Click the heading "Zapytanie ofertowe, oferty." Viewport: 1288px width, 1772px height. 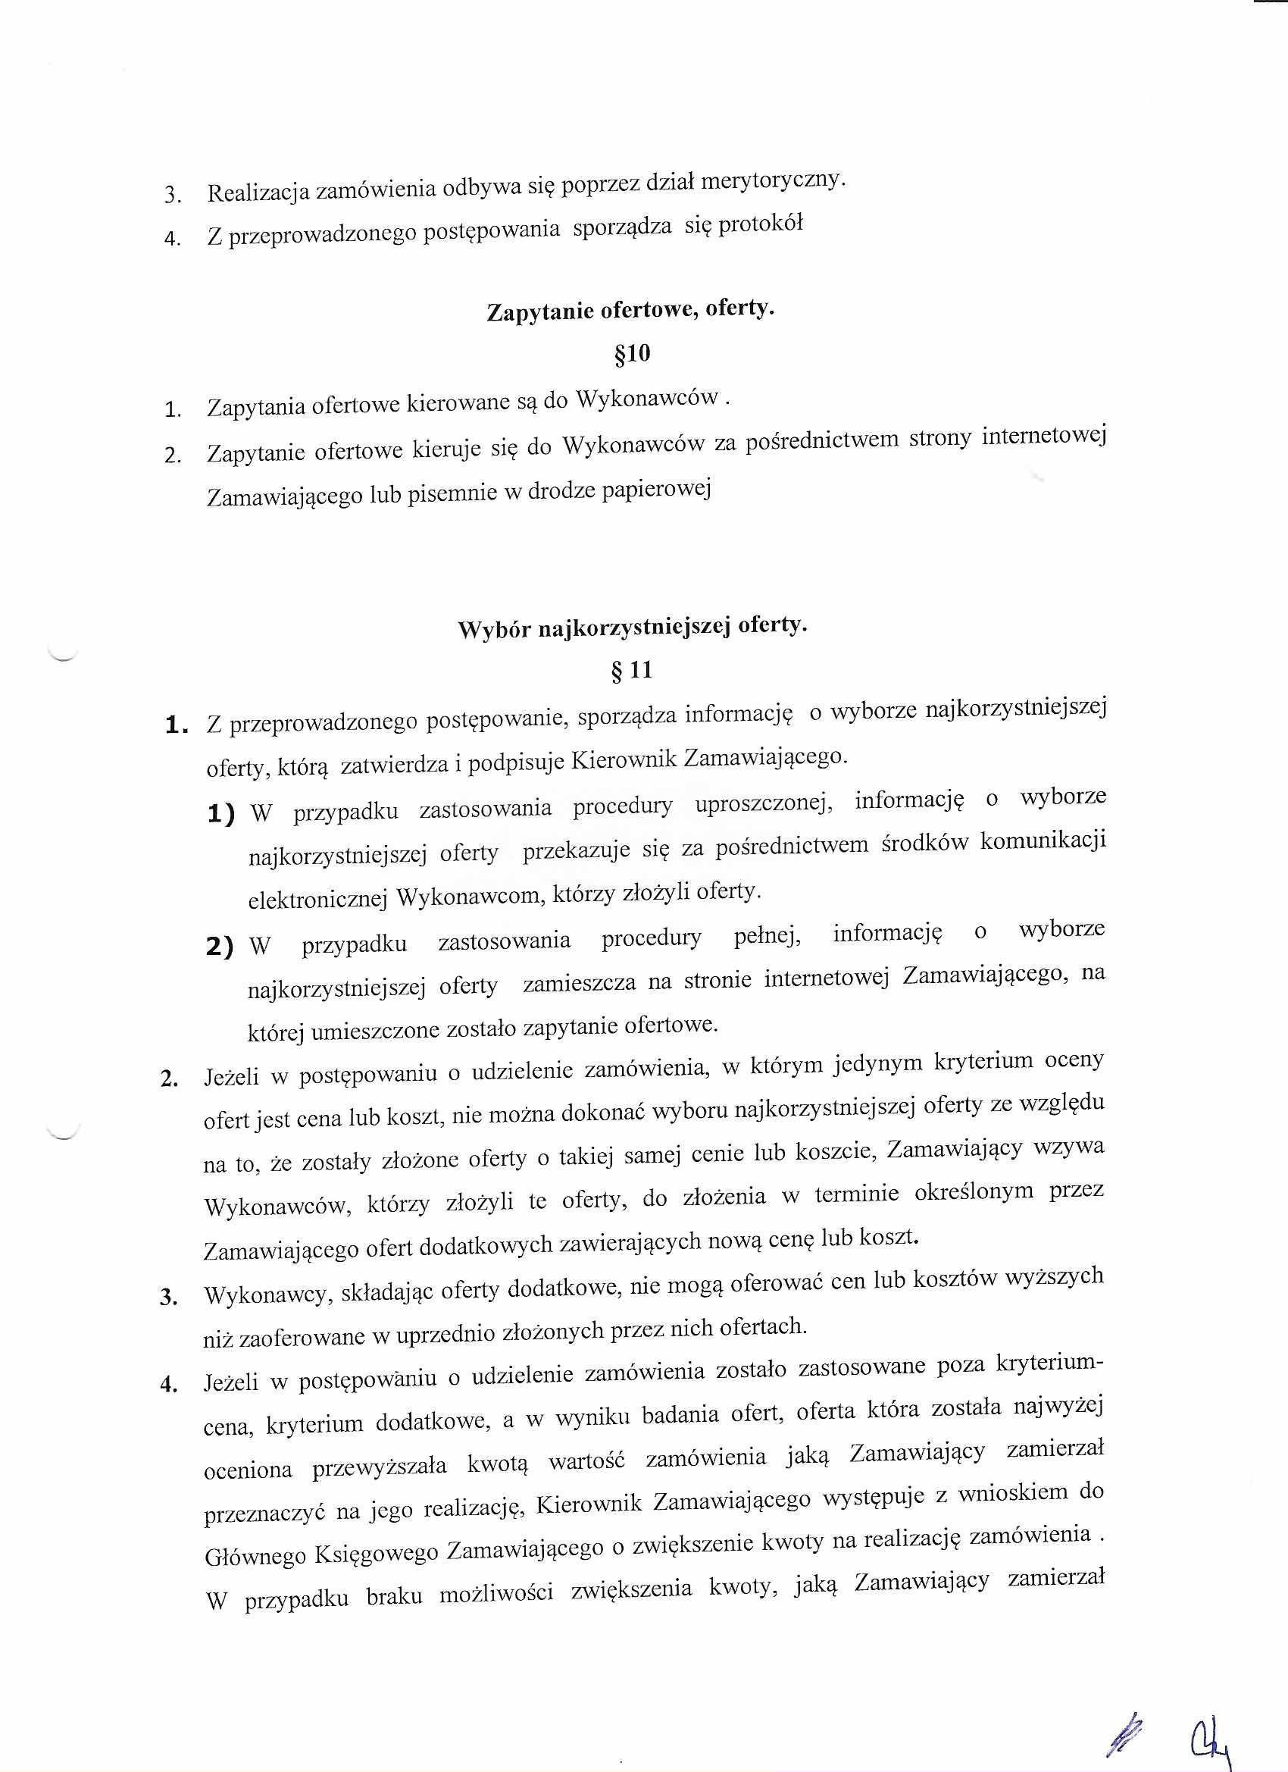coord(630,310)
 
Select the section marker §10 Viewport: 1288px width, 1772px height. coord(632,354)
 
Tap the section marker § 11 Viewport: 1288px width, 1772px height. coord(632,670)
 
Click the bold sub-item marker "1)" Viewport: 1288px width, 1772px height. coord(221,815)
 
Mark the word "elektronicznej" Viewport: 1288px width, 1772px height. coord(317,900)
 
